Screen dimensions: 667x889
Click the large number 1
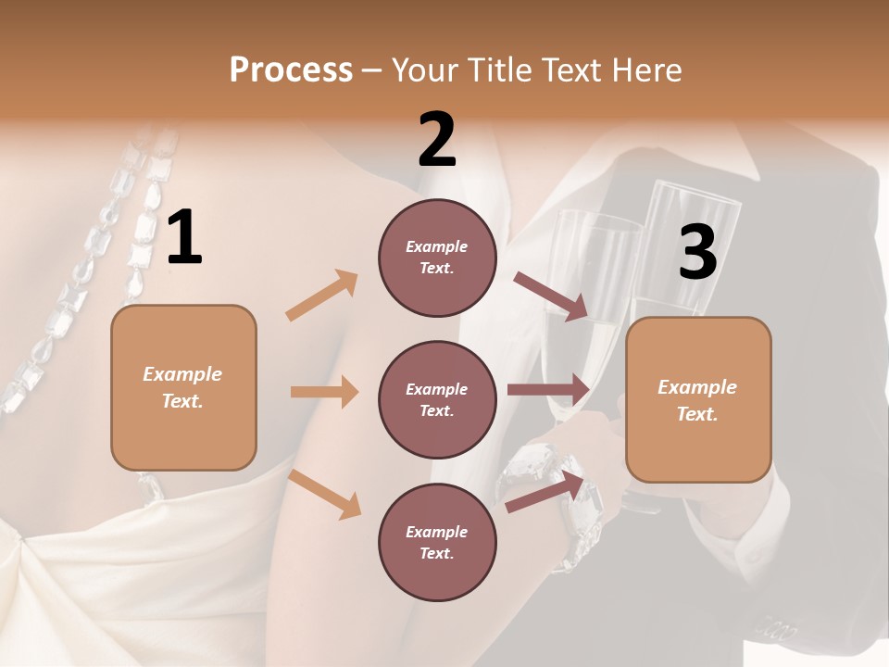[184, 238]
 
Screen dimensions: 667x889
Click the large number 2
[436, 141]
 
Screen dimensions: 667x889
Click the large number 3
[697, 252]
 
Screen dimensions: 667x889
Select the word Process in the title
[291, 69]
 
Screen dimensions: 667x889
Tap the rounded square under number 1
[183, 387]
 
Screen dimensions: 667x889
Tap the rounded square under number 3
[698, 400]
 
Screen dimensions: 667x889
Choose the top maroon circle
[437, 258]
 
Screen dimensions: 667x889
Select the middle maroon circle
[437, 399]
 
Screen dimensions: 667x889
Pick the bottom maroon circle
[437, 542]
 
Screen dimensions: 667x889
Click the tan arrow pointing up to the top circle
[322, 296]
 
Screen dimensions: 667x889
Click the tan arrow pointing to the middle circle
[324, 392]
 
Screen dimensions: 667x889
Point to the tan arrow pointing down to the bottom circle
[325, 493]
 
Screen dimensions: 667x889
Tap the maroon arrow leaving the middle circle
[548, 389]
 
